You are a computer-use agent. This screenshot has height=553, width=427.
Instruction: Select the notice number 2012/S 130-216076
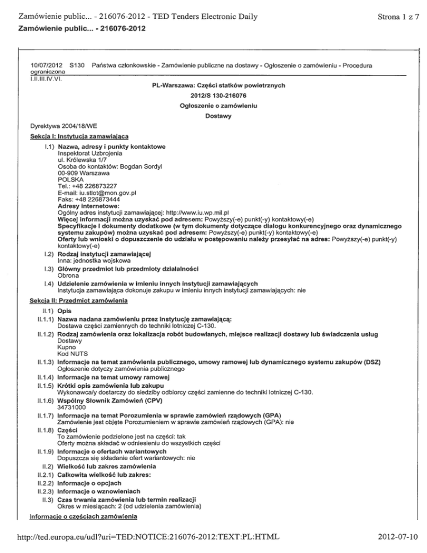pyautogui.click(x=213, y=96)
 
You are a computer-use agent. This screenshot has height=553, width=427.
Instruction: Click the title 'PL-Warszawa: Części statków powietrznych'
pyautogui.click(x=213, y=86)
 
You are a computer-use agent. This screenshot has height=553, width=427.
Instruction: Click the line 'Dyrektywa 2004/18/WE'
pyautogui.click(x=64, y=126)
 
